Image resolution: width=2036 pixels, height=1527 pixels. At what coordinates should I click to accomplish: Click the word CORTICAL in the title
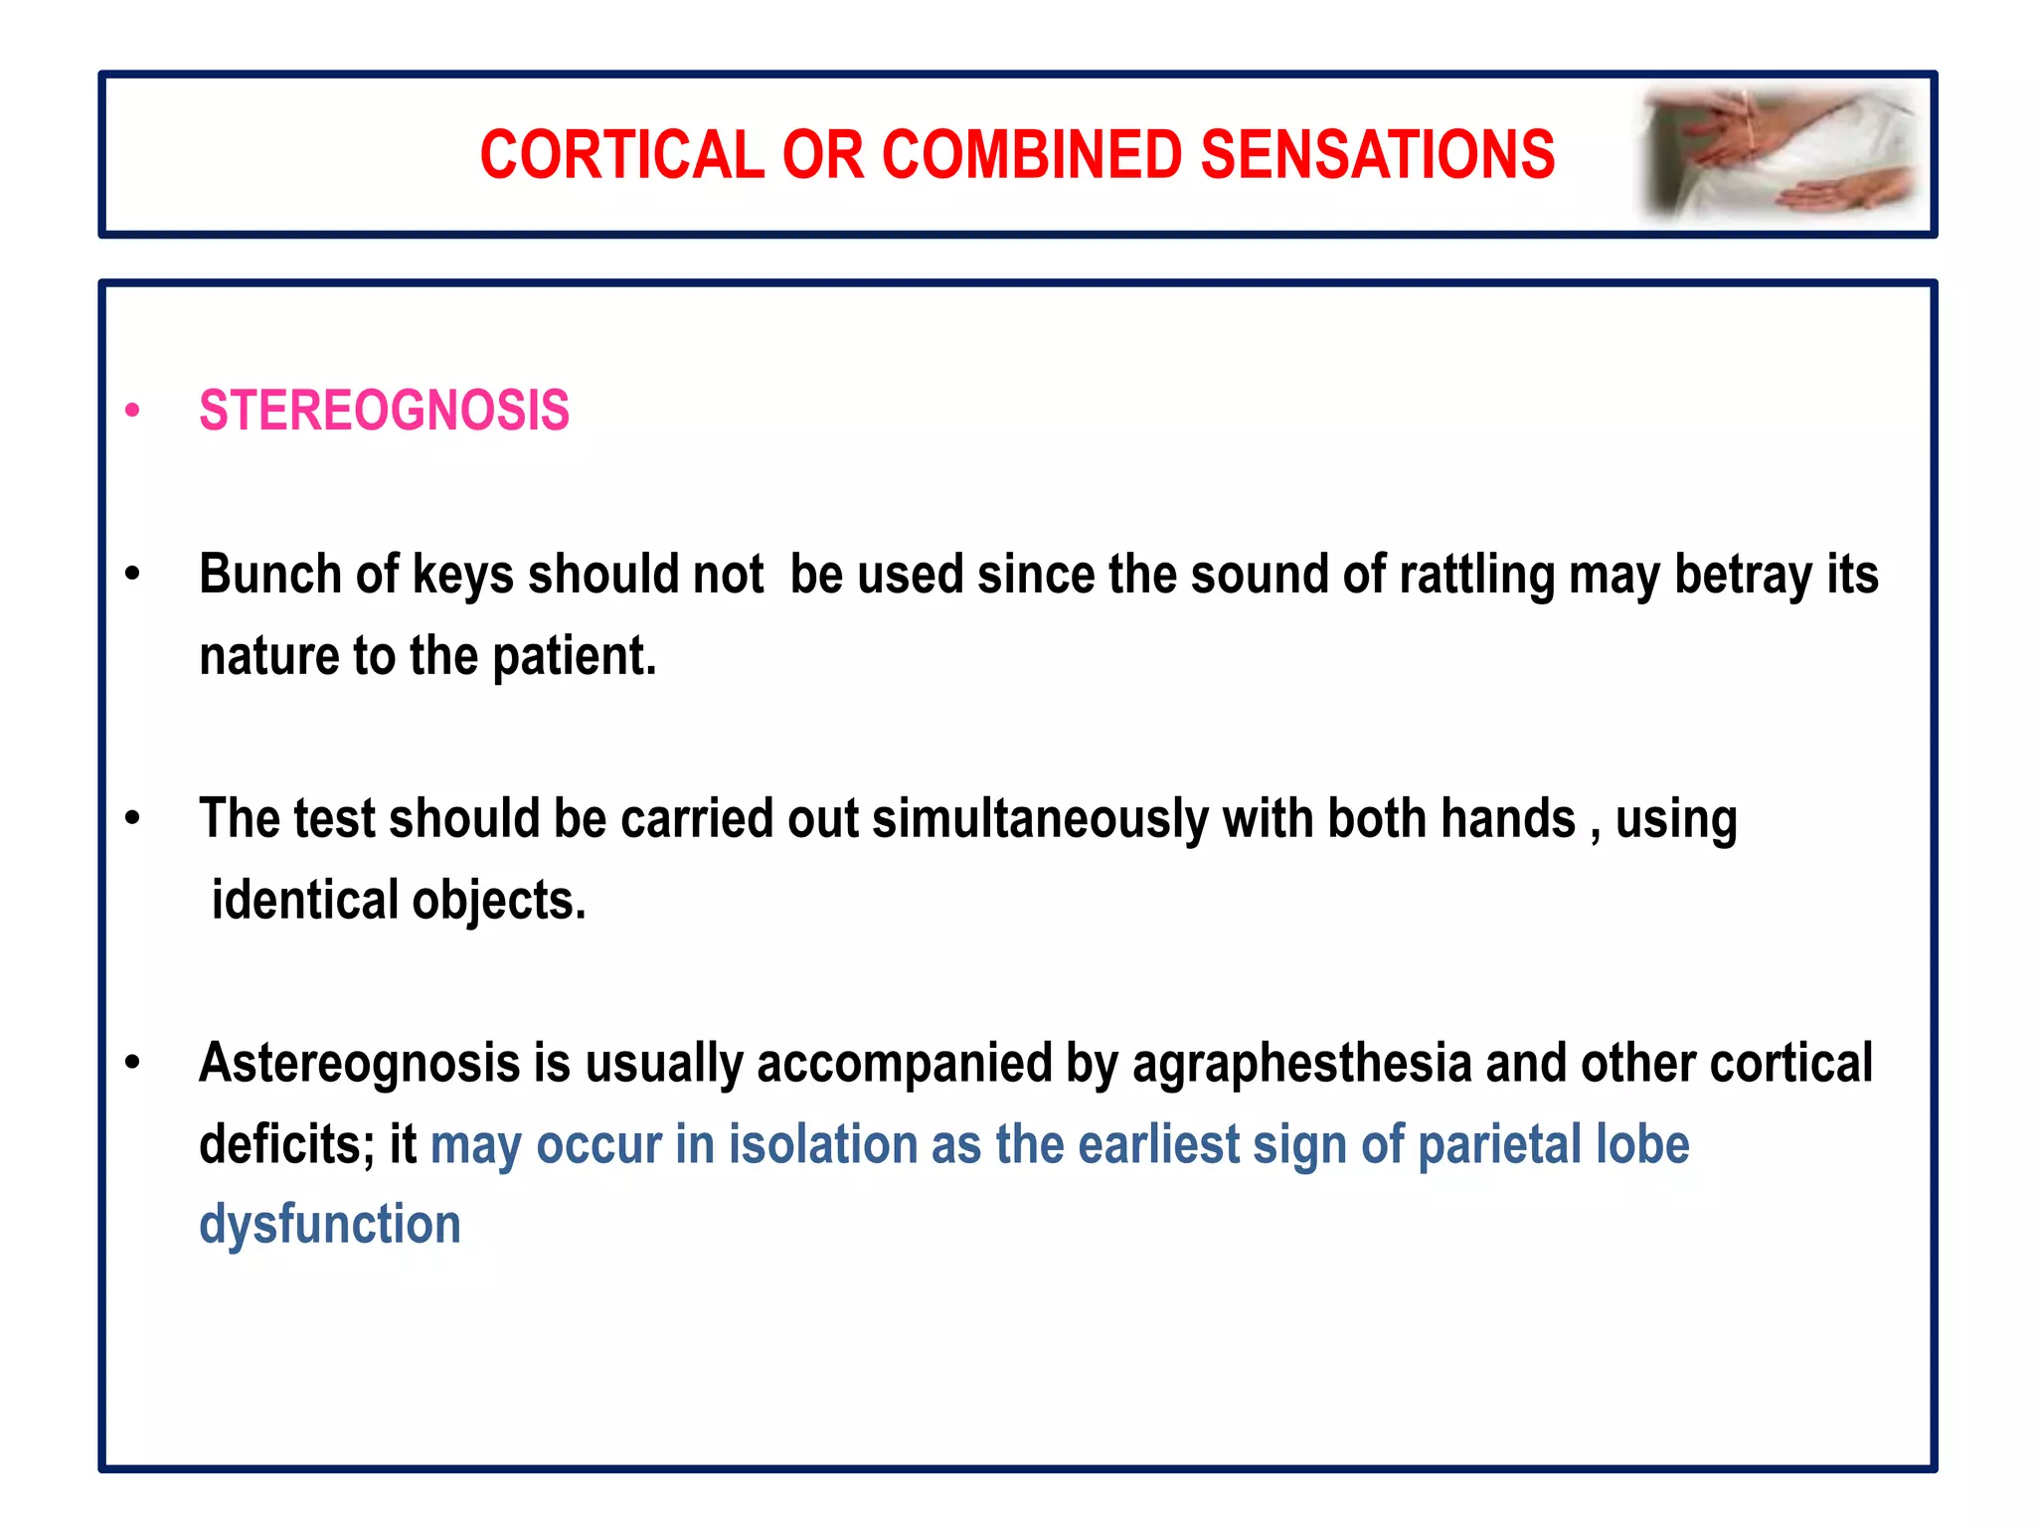tap(622, 155)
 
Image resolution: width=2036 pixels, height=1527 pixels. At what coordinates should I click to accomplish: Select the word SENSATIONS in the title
tap(1377, 155)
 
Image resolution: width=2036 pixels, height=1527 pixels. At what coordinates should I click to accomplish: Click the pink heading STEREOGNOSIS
tap(384, 411)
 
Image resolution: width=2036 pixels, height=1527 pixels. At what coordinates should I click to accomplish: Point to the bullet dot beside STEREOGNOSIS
tap(133, 411)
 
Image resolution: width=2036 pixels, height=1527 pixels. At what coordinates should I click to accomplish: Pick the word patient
tap(574, 657)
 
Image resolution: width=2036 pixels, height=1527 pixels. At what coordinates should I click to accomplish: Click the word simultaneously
tap(1040, 820)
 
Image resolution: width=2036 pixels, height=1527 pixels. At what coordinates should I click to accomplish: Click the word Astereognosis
tap(359, 1064)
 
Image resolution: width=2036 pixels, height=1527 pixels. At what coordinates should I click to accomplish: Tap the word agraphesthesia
tap(1301, 1064)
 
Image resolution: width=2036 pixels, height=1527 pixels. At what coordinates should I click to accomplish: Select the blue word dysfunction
tap(330, 1224)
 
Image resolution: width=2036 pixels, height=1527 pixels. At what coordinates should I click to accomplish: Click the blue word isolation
tap(822, 1144)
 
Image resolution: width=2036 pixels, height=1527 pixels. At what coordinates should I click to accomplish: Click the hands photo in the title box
tap(1780, 154)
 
